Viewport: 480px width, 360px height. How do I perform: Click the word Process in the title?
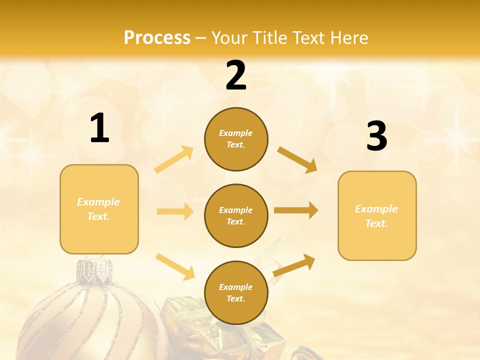[x=157, y=37]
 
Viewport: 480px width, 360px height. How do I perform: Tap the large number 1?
[x=99, y=128]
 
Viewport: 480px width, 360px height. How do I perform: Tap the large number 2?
[x=236, y=75]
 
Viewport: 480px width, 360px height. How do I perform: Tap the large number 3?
[x=376, y=136]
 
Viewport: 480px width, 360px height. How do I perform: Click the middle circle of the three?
[x=236, y=215]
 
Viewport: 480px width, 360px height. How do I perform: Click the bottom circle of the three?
[x=236, y=292]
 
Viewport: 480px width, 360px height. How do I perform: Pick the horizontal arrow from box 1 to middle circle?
[x=175, y=211]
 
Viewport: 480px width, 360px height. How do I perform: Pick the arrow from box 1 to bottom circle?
[x=175, y=266]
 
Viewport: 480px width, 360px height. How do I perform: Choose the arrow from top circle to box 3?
[x=297, y=159]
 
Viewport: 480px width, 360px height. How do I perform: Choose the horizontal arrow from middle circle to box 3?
[x=296, y=210]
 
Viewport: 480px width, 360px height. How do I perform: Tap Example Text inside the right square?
[x=376, y=216]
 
